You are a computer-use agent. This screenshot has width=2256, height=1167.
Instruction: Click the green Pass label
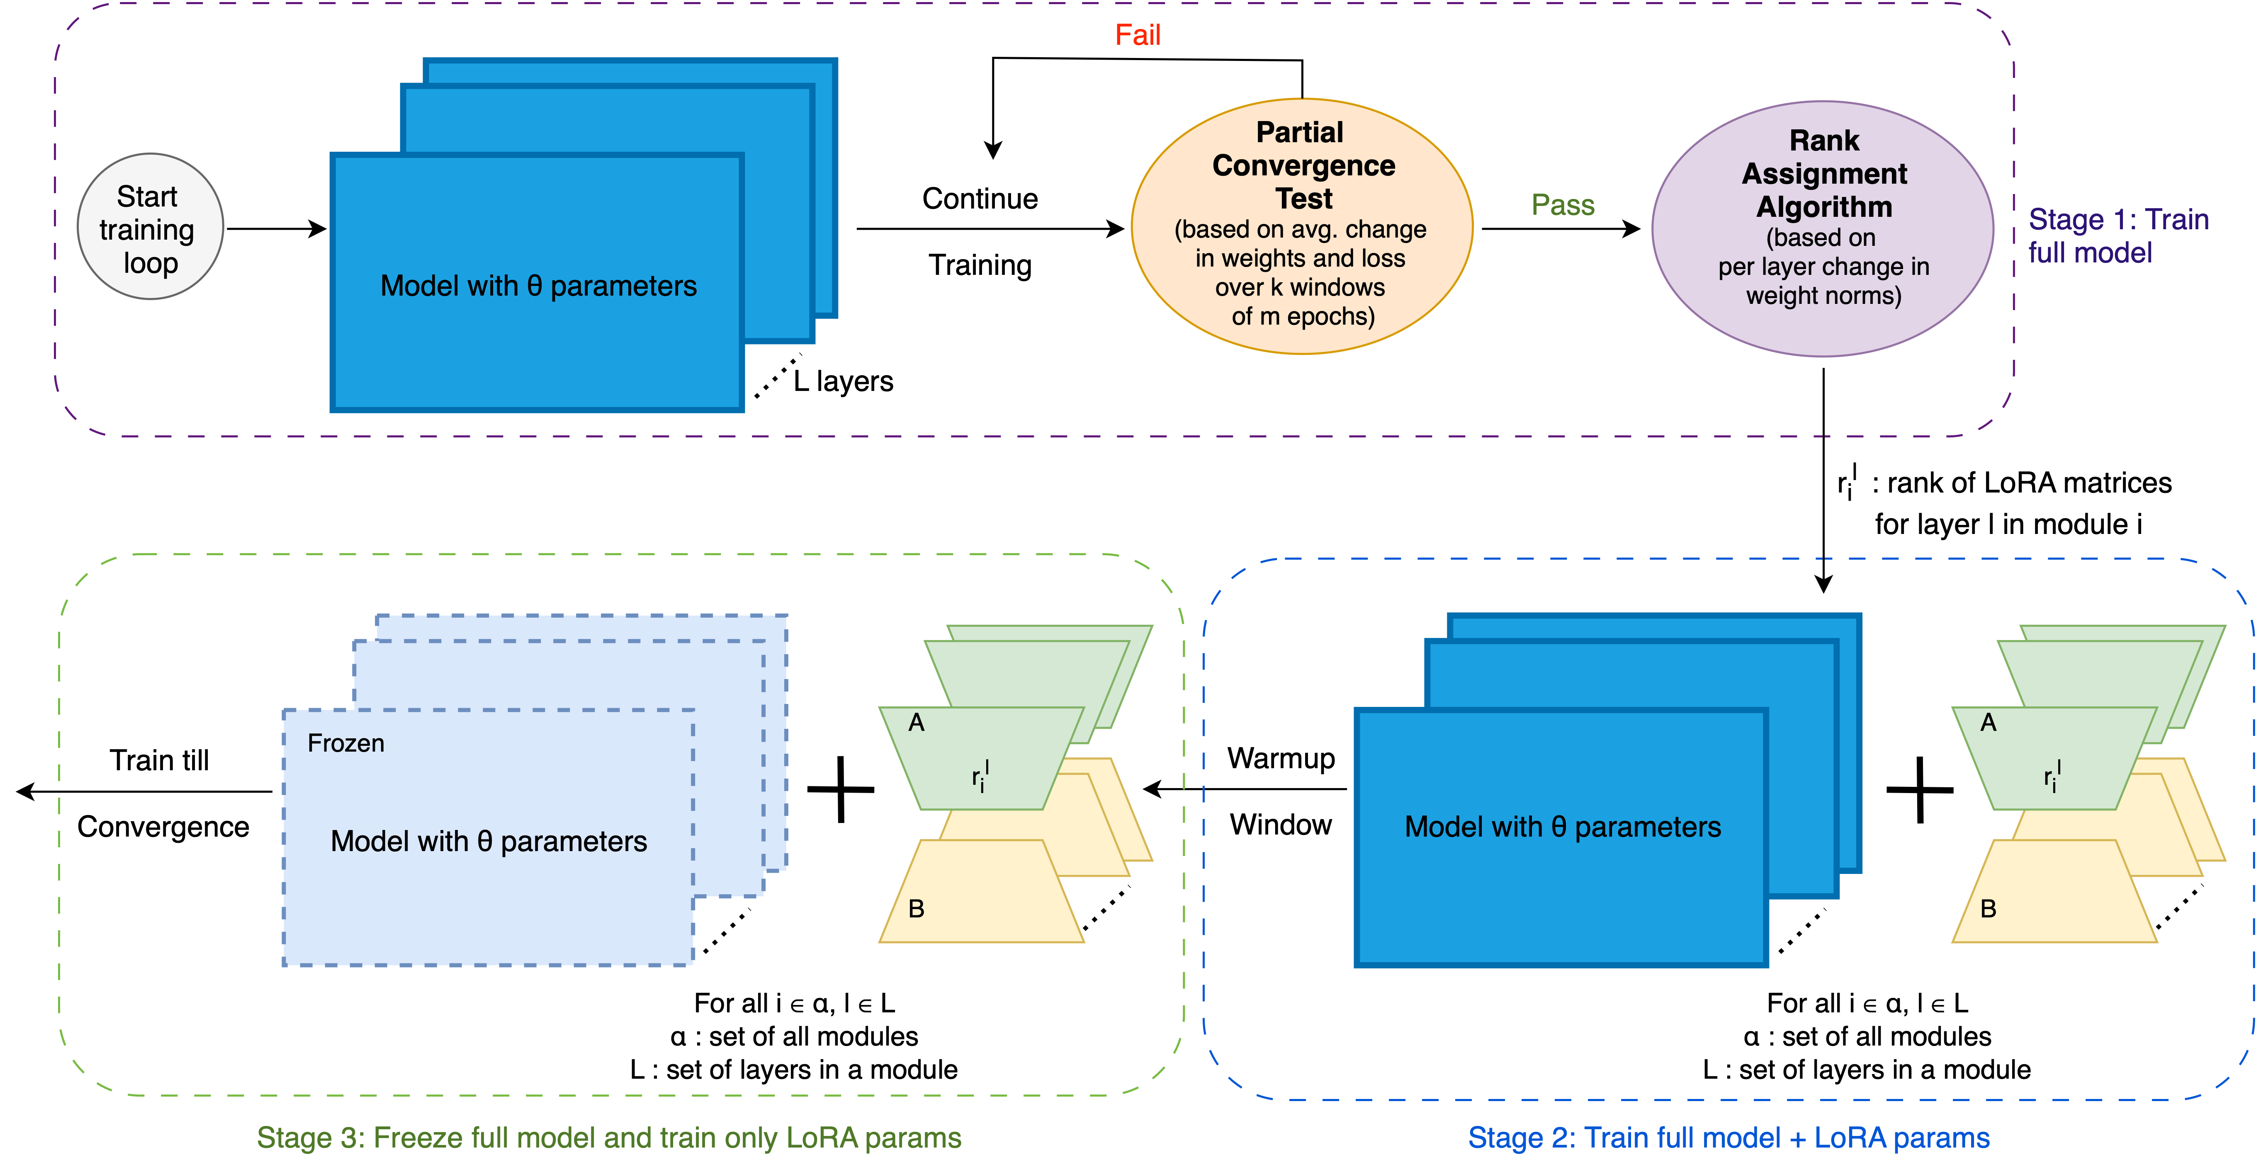[x=1562, y=205]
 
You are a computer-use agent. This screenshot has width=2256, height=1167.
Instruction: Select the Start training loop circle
[x=150, y=227]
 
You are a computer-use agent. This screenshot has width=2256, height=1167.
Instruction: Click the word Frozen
[x=346, y=743]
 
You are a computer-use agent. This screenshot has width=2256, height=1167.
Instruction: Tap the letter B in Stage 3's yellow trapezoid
[x=916, y=909]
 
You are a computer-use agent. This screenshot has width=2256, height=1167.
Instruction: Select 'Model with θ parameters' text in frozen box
[x=489, y=841]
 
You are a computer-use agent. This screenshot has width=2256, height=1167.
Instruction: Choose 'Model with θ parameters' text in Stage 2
[x=1562, y=827]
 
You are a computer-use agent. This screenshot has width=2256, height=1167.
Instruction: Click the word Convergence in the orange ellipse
[x=1303, y=165]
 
